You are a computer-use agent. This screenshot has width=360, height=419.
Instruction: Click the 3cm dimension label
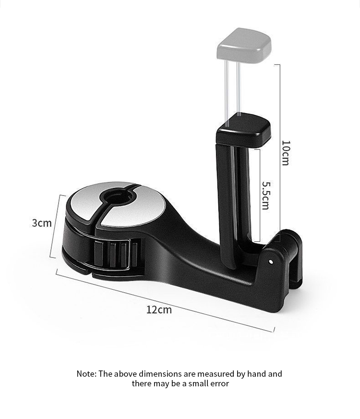tap(42, 223)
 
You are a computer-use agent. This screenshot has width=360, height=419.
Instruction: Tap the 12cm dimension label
tap(159, 309)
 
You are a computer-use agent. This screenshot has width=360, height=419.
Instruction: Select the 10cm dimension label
tap(285, 153)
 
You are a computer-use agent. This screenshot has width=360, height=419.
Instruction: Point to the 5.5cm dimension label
tap(265, 195)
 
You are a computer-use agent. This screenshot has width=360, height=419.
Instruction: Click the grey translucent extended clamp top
tap(244, 44)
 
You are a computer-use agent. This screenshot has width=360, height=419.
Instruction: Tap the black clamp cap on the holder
tap(243, 129)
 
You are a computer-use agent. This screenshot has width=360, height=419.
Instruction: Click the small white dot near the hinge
tap(271, 262)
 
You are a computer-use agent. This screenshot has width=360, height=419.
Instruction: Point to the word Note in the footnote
tap(86, 374)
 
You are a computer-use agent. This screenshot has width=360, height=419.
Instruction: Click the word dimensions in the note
tap(154, 374)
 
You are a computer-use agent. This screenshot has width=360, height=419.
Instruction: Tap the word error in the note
tap(219, 384)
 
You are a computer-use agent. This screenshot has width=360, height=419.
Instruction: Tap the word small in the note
tap(196, 384)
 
